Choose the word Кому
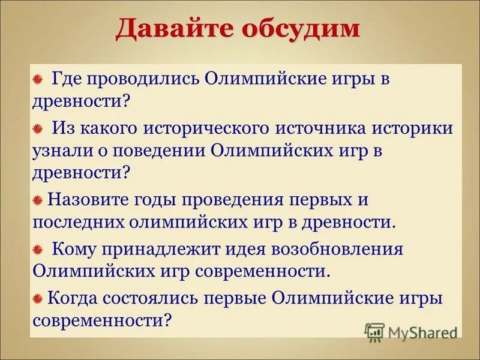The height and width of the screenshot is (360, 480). pyautogui.click(x=74, y=248)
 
